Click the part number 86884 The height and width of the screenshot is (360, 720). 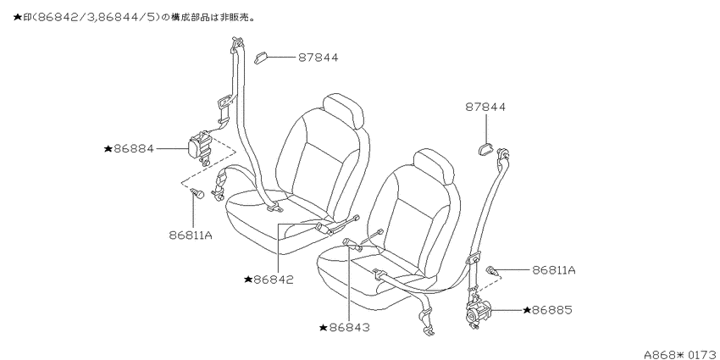click(x=134, y=148)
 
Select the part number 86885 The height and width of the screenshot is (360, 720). click(x=552, y=310)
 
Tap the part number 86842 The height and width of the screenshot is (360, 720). click(x=274, y=280)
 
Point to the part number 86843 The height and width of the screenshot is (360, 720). click(x=350, y=328)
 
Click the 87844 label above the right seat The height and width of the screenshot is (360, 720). click(x=485, y=107)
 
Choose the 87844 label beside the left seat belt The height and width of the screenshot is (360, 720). click(x=318, y=58)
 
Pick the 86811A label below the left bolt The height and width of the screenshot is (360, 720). click(x=191, y=235)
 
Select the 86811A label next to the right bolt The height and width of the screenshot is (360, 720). click(x=554, y=270)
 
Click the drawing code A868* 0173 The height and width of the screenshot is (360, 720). click(x=681, y=355)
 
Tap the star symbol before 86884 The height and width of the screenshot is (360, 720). click(x=108, y=148)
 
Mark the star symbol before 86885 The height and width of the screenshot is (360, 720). click(x=527, y=310)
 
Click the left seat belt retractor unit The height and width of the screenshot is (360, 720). click(x=199, y=146)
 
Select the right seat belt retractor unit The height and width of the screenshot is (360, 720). click(x=479, y=312)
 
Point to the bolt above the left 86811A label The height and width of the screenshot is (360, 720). click(x=197, y=193)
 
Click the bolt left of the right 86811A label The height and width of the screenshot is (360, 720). click(x=493, y=270)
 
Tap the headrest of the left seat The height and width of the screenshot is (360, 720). click(x=343, y=110)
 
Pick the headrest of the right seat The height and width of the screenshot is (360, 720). click(x=434, y=167)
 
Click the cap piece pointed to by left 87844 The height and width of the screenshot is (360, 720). click(x=261, y=58)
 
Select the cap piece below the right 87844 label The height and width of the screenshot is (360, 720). click(x=485, y=148)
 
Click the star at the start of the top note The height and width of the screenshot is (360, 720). click(x=18, y=18)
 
